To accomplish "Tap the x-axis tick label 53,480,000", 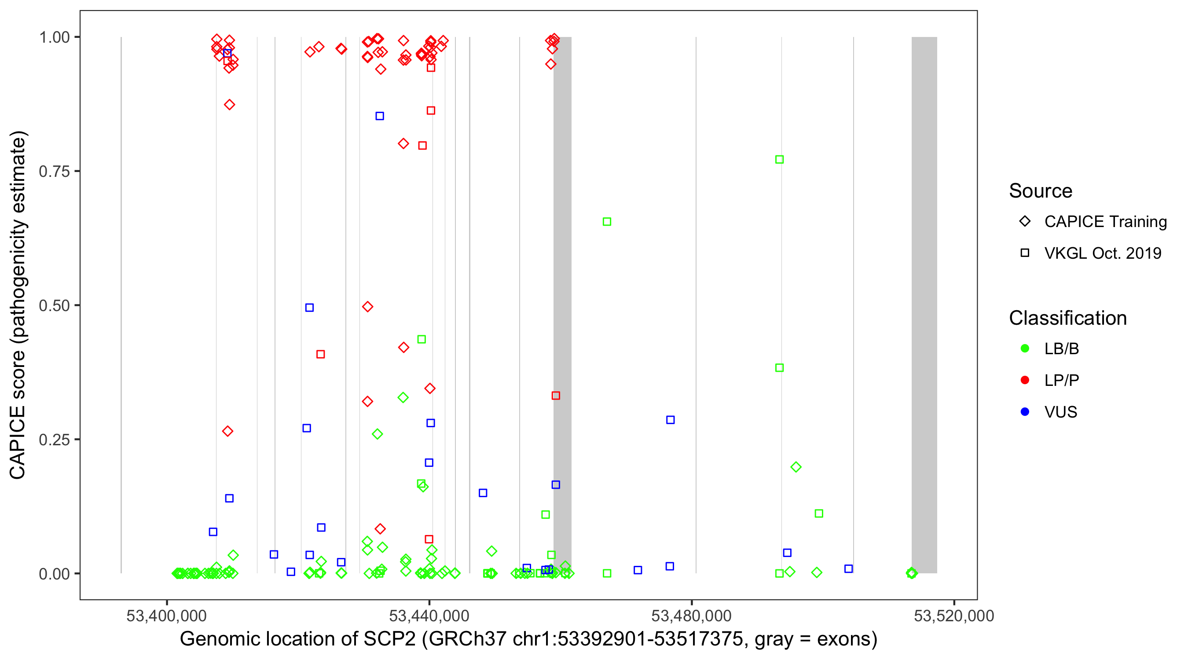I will (691, 616).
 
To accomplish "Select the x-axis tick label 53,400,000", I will (166, 616).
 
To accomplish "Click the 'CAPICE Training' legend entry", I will (1105, 221).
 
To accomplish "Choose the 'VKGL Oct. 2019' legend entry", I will (1103, 253).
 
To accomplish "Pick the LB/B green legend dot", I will (1025, 348).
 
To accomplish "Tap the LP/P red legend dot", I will (1025, 380).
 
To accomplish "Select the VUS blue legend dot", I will (1025, 412).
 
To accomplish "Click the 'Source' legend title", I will (1041, 191).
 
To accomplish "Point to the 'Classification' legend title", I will (1067, 318).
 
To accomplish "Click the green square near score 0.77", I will (779, 160).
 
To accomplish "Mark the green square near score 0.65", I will (607, 222).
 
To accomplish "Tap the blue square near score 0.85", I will (380, 116).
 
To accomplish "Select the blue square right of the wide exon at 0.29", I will (671, 420).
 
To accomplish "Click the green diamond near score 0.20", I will (796, 467).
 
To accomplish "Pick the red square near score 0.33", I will (556, 396).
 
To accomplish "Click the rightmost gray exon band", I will (924, 304).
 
